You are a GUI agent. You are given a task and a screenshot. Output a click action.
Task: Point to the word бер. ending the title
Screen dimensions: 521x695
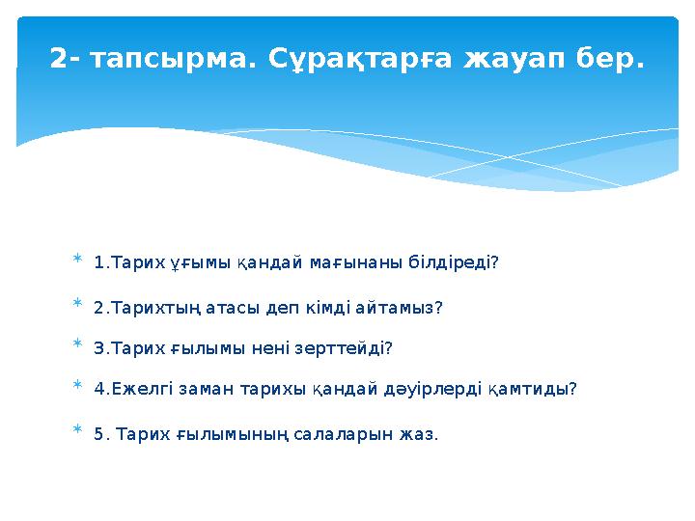[x=606, y=60]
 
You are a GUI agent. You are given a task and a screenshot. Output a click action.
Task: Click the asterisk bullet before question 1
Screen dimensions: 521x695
[x=77, y=262]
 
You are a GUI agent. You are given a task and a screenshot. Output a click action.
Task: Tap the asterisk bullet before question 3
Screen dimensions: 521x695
[x=77, y=346]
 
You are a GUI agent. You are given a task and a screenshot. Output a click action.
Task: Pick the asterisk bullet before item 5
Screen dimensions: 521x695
[x=77, y=433]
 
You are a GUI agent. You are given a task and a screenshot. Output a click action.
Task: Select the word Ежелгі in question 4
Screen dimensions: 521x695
[x=138, y=389]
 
